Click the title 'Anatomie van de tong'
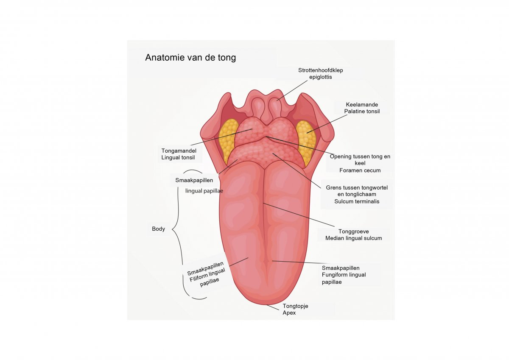click(x=190, y=58)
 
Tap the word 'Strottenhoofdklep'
click(x=320, y=70)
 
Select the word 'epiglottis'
click(x=320, y=77)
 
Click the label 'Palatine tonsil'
click(x=362, y=111)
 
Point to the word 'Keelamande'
click(x=362, y=104)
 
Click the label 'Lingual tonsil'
click(x=178, y=157)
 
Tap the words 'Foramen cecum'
click(x=360, y=170)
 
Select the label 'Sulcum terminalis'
click(x=357, y=201)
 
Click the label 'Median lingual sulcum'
click(x=354, y=238)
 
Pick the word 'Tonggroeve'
click(x=354, y=232)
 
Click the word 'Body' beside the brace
click(x=158, y=229)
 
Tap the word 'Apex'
click(x=289, y=313)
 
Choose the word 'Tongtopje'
click(x=295, y=306)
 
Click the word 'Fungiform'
click(x=333, y=275)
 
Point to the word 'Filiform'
click(x=199, y=278)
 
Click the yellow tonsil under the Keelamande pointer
click(x=306, y=142)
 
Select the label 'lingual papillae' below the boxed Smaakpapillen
click(x=204, y=191)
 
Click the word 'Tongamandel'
click(x=179, y=151)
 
